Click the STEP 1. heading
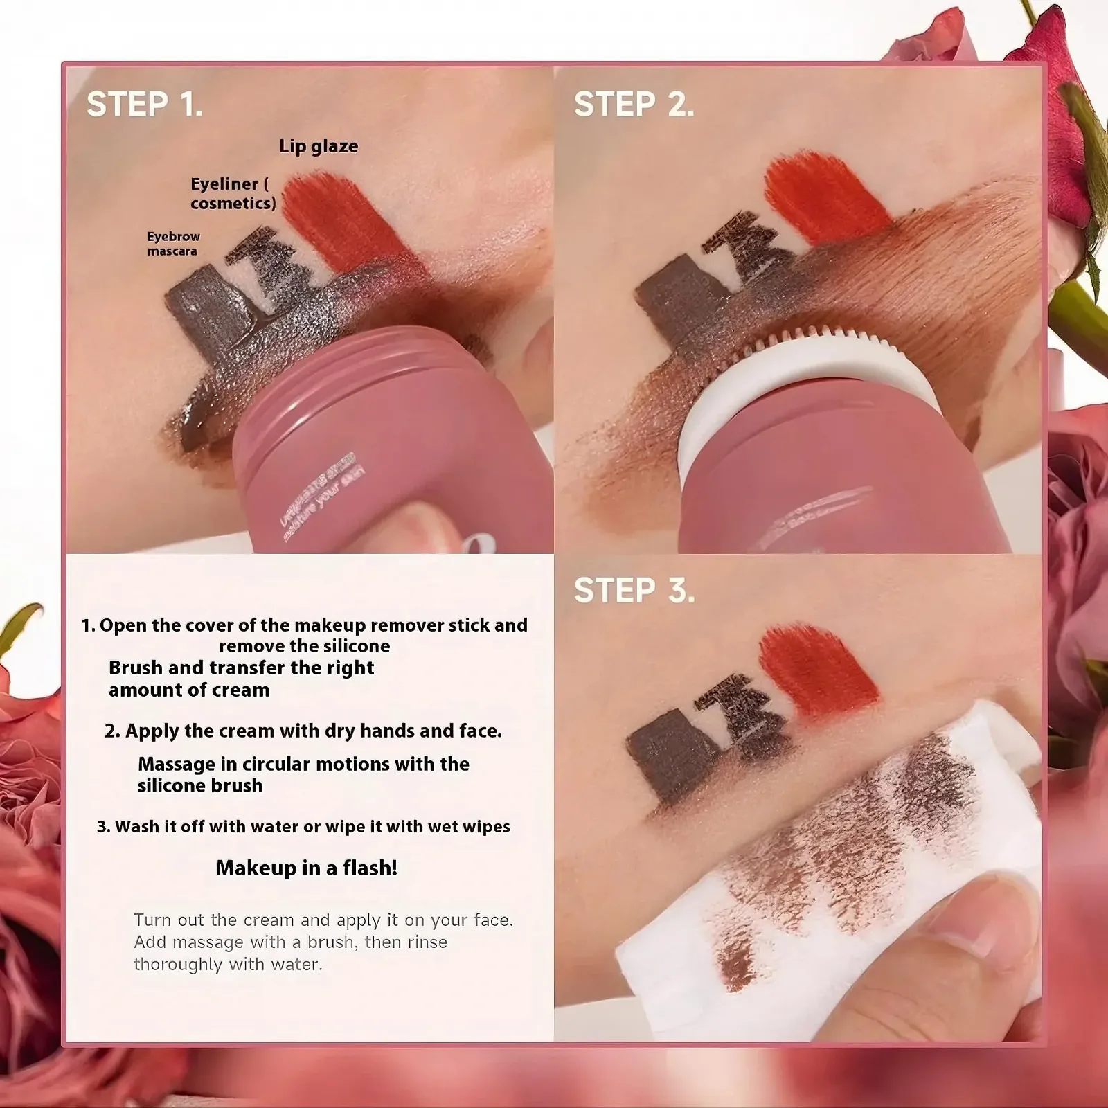[x=145, y=105]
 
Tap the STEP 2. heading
[x=634, y=105]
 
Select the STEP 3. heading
[x=634, y=591]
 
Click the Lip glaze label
[x=319, y=146]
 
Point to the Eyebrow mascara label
[x=173, y=244]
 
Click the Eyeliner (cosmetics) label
[x=233, y=193]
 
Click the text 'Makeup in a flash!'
[x=307, y=868]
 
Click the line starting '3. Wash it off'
[x=303, y=826]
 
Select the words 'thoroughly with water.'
[x=228, y=964]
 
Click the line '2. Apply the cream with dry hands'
[x=303, y=731]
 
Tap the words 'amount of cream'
[x=189, y=690]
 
